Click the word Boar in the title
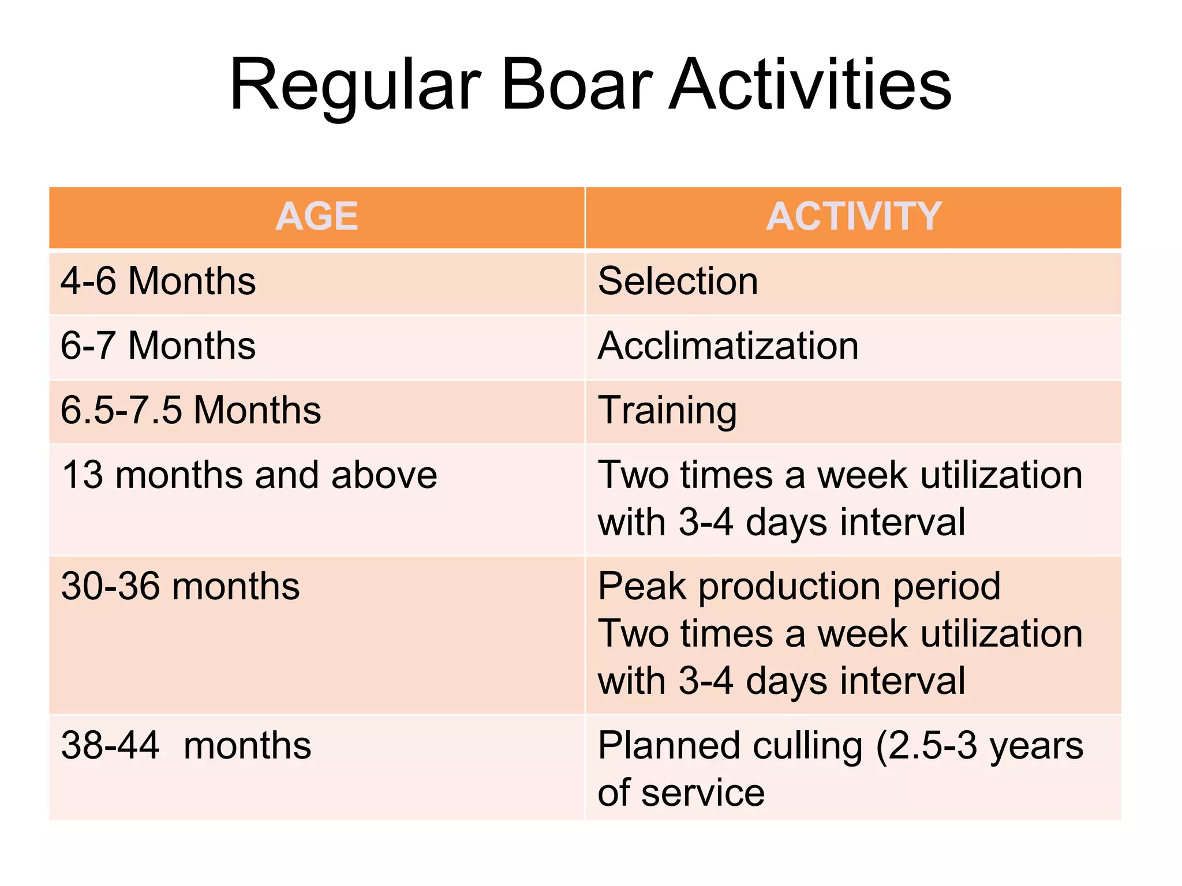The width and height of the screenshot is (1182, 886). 577,85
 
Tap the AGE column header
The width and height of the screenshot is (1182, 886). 316,217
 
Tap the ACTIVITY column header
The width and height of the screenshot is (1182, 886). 854,217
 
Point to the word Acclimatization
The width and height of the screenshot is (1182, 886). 728,346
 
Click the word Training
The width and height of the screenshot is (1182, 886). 667,411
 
